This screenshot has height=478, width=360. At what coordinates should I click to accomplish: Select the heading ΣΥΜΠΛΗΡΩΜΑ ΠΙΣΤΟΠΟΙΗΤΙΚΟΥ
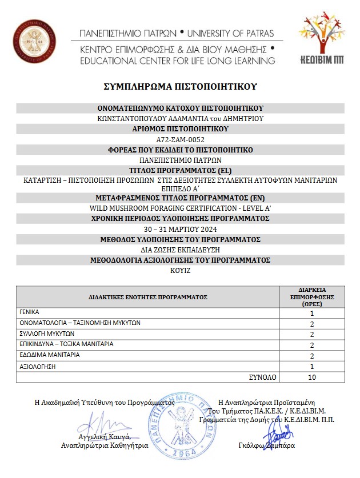(180, 87)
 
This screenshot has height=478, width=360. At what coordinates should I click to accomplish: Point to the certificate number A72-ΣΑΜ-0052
(180, 139)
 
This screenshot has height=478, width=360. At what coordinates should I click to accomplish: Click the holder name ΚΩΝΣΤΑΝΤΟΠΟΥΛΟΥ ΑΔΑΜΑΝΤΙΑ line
(180, 118)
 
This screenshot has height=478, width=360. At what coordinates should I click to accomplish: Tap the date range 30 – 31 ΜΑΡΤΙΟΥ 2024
(180, 228)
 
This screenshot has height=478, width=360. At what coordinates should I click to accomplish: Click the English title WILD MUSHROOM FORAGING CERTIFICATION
(180, 207)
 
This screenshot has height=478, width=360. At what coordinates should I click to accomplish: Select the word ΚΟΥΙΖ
(180, 271)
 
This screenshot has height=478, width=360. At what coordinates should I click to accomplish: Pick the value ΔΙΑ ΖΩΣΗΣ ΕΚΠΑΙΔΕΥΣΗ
(180, 250)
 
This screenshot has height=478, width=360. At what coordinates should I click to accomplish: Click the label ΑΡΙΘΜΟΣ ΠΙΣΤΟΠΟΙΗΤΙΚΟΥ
(180, 128)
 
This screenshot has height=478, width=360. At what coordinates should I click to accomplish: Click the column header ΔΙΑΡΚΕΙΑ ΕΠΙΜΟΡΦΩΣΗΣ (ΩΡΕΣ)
(312, 297)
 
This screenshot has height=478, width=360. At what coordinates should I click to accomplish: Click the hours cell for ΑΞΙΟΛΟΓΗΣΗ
(312, 366)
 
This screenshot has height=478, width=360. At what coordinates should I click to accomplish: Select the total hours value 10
(312, 377)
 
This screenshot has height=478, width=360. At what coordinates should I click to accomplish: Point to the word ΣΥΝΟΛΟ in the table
(262, 377)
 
